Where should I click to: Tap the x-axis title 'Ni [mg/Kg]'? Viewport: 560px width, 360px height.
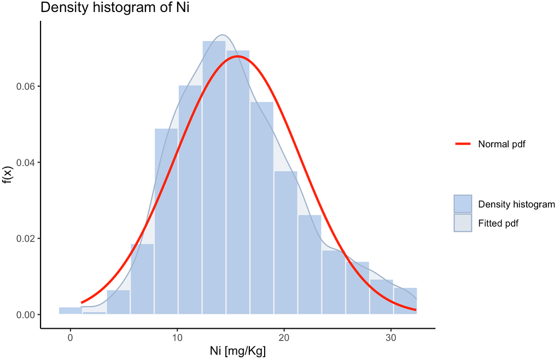click(x=238, y=351)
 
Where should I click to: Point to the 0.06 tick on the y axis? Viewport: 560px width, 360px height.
click(x=26, y=86)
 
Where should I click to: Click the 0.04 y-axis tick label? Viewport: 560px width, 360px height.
click(x=26, y=162)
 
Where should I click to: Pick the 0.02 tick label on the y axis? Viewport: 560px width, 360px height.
click(x=26, y=239)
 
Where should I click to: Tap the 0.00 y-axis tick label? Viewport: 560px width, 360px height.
click(x=26, y=315)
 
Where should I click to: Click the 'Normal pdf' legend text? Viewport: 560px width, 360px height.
click(x=501, y=144)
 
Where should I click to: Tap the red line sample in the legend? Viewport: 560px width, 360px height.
click(x=463, y=144)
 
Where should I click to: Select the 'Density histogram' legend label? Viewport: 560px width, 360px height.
click(x=516, y=205)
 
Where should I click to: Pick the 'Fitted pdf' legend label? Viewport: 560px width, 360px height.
click(x=498, y=223)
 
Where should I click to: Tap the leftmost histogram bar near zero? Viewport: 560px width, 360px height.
click(x=70, y=311)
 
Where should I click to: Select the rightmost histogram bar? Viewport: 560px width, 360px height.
click(x=405, y=301)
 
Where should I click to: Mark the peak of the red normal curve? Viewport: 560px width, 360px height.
click(x=237, y=56)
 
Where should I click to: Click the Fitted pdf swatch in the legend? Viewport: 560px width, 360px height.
click(x=463, y=223)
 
